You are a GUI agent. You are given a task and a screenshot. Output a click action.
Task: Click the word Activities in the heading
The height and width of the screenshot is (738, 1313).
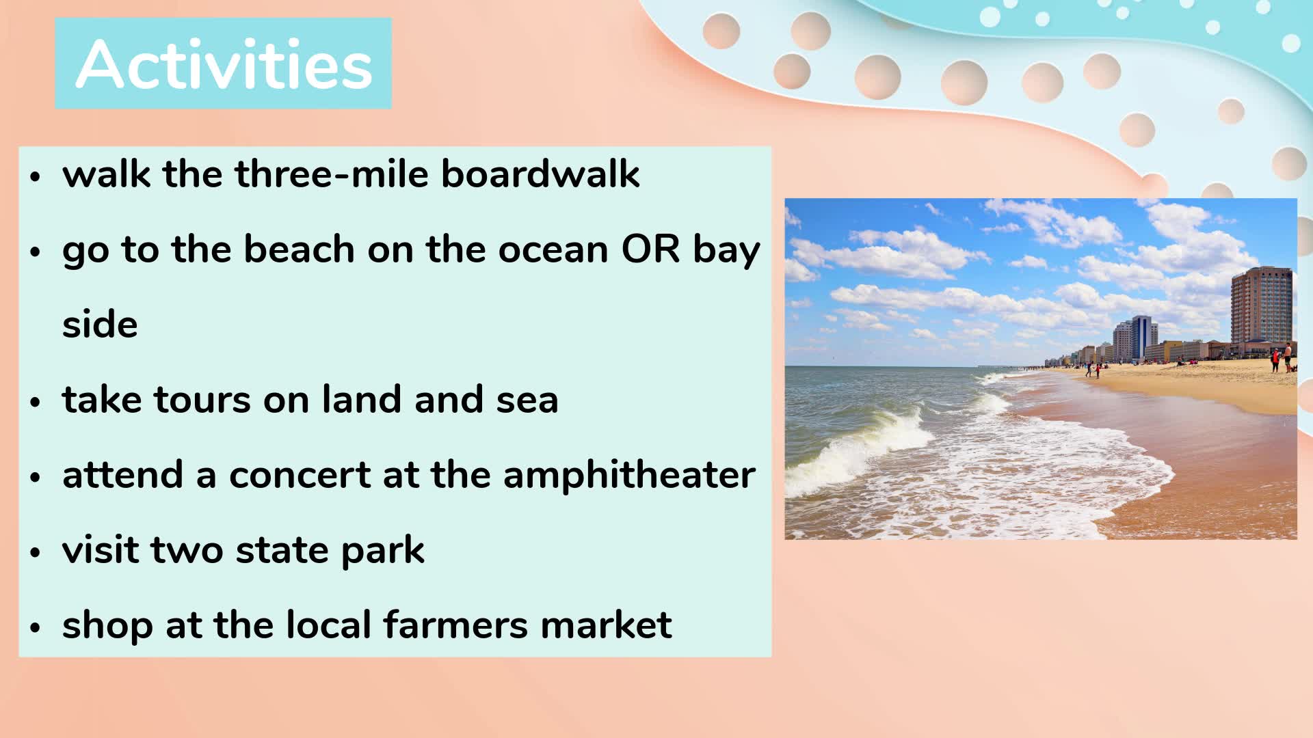[224, 64]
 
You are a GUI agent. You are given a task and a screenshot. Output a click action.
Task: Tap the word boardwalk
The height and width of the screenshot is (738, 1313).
[540, 174]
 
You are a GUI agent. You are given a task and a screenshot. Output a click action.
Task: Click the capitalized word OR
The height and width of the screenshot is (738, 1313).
[650, 249]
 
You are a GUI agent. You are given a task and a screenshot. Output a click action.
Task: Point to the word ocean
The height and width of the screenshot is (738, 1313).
[553, 249]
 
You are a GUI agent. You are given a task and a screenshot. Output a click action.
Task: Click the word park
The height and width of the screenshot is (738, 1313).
[383, 551]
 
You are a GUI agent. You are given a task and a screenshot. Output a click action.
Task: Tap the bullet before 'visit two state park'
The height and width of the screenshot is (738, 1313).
[36, 552]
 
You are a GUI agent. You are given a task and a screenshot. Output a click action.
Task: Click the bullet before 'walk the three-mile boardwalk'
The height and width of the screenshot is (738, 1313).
[36, 176]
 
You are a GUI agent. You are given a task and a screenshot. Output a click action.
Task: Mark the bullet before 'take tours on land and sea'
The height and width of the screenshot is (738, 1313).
[36, 402]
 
